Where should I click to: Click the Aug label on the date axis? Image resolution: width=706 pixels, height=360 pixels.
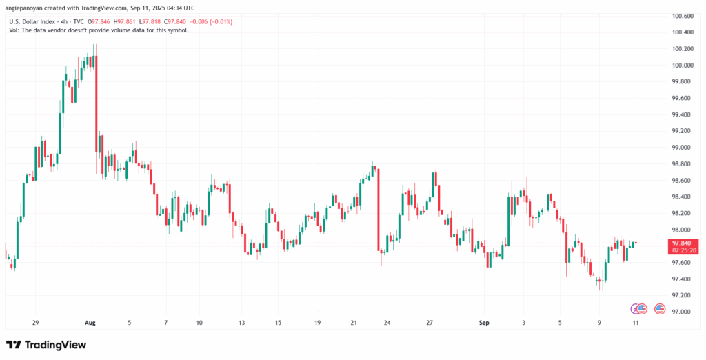[x=90, y=323]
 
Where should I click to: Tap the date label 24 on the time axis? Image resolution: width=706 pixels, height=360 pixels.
[x=387, y=323]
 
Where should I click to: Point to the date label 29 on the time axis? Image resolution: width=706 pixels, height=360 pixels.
[x=35, y=323]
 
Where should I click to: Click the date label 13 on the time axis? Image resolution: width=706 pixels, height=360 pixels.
[x=241, y=323]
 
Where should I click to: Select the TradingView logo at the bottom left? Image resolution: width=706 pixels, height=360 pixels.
[x=46, y=344]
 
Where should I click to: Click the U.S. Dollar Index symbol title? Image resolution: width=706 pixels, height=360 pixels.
[x=34, y=22]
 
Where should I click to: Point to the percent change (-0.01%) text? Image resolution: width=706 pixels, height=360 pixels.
[x=221, y=22]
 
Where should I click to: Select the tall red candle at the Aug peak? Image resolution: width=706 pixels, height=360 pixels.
[x=96, y=103]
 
